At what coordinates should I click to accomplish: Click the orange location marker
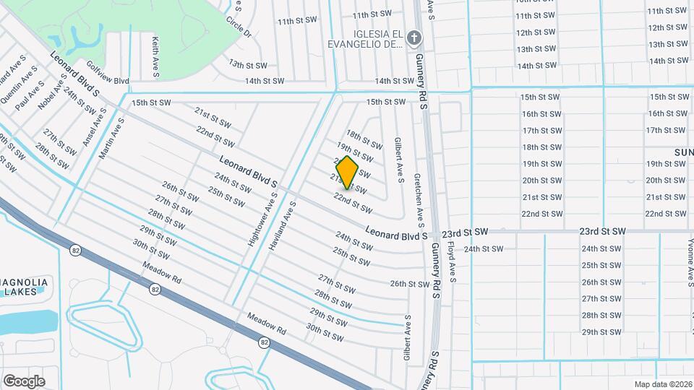coord(348,172)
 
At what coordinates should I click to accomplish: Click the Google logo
coord(23,381)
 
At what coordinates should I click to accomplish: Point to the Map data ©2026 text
coord(662,384)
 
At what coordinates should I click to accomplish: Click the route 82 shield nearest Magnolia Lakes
coord(75,251)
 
